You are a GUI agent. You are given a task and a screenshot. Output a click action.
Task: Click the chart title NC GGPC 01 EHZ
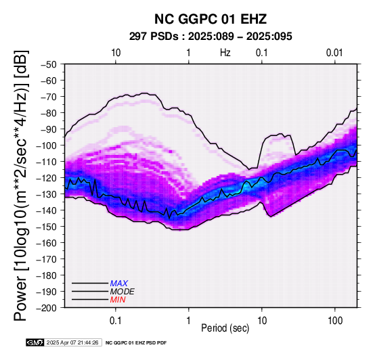pos(211,19)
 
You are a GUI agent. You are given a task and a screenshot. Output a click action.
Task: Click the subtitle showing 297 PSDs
pos(211,37)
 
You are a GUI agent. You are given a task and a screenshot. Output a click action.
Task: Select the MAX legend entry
pos(118,284)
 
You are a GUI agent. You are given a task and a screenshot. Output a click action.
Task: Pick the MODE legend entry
pos(123,292)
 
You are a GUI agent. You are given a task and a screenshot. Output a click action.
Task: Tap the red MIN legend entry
pos(118,300)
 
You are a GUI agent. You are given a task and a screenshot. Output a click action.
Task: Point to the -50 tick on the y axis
pos(49,64)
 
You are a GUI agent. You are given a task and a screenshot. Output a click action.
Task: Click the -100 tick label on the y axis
pos(47,145)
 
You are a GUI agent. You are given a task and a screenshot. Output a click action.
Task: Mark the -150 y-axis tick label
pos(47,227)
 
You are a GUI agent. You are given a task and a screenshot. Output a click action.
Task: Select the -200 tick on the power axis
pos(47,308)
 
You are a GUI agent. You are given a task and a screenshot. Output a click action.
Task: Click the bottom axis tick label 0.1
pos(116,320)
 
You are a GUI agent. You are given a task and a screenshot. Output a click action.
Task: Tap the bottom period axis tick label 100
pos(335,320)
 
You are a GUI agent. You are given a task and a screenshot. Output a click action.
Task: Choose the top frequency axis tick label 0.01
pos(334,53)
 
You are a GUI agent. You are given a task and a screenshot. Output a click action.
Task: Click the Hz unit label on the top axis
pos(225,53)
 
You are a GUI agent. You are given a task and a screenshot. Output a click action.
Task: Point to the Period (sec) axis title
pos(225,328)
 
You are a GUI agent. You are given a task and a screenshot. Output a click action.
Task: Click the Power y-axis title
pos(21,185)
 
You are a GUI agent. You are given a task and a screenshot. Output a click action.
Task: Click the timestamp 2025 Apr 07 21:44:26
pos(72,342)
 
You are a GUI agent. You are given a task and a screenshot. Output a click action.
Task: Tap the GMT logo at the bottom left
pos(35,342)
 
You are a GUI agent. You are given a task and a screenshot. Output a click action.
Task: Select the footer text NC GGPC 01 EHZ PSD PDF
pos(136,343)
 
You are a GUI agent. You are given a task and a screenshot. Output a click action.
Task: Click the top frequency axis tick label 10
pos(116,53)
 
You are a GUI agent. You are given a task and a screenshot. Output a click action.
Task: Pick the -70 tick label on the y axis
pos(49,97)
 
